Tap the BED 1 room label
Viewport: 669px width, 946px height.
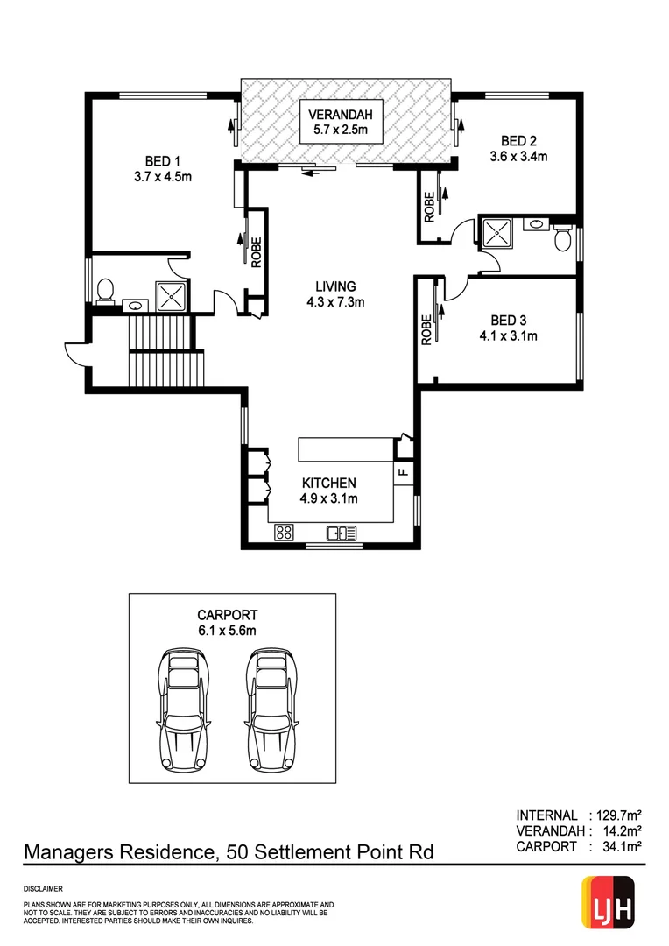(162, 161)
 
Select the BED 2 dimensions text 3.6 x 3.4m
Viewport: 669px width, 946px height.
(518, 157)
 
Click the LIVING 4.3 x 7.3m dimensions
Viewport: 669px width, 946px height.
(335, 302)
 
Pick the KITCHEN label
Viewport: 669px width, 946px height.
(328, 483)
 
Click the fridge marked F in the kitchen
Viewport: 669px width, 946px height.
(403, 473)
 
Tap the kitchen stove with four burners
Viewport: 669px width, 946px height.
(284, 532)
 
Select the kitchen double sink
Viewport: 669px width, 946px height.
(342, 532)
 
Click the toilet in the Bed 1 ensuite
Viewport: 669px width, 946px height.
(106, 290)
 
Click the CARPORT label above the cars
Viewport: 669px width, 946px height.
(228, 615)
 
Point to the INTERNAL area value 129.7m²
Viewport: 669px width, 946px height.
(616, 815)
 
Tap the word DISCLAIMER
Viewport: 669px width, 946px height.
(43, 888)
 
